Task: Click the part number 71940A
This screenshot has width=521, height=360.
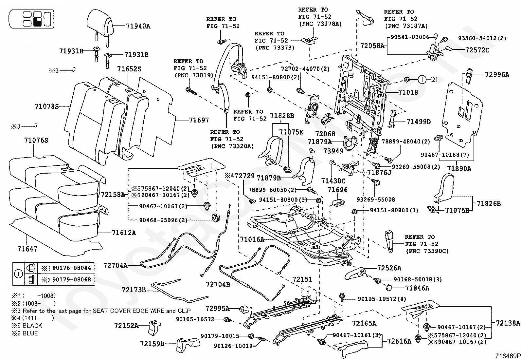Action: (x=138, y=26)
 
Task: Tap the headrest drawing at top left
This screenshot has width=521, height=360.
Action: (x=100, y=23)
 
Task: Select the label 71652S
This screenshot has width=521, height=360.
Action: (x=129, y=69)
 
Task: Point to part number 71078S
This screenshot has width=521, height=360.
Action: (x=46, y=106)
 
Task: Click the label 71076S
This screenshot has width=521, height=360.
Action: (x=36, y=141)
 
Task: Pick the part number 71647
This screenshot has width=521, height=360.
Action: (x=27, y=249)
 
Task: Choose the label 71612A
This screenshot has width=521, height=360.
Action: (x=124, y=233)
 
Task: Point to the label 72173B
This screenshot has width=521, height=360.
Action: (x=134, y=290)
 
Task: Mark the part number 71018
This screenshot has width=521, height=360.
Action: (x=408, y=92)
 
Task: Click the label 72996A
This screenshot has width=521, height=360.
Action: (x=497, y=74)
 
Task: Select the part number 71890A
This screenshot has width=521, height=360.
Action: (x=459, y=169)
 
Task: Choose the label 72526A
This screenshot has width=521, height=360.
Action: (x=389, y=268)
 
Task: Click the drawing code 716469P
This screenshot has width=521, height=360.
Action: (x=507, y=356)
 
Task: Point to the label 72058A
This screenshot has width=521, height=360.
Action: (x=372, y=46)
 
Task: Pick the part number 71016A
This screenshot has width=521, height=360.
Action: (x=252, y=239)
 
